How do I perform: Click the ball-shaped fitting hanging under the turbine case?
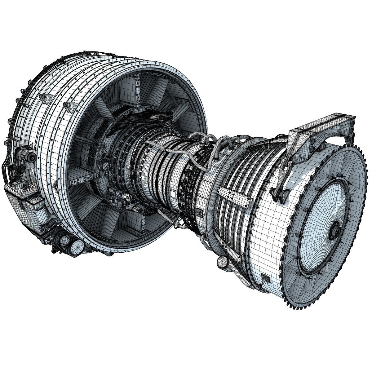tap(223, 262)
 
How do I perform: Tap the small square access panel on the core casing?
tap(198, 212)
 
